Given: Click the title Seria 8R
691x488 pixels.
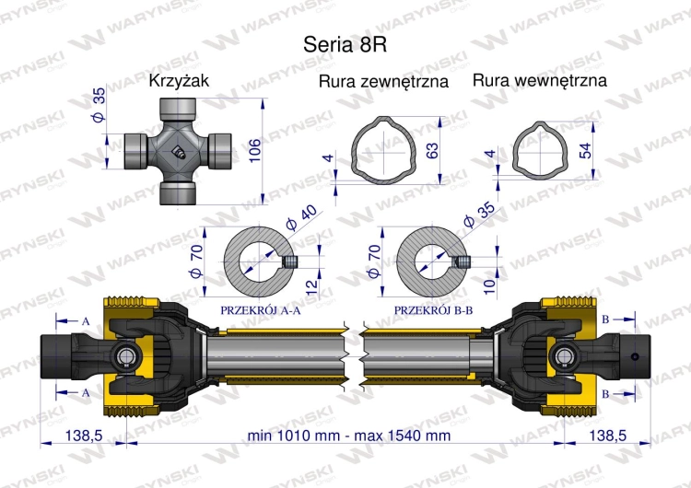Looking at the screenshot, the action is [345, 44].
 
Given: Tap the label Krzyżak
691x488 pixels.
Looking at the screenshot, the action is [179, 81].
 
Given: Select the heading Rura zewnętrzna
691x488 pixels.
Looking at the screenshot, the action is [383, 81].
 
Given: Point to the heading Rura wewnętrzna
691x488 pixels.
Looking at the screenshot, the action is [539, 80].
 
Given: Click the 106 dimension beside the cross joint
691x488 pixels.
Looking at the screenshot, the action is [254, 150].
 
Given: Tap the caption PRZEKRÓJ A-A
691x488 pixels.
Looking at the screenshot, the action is [261, 310].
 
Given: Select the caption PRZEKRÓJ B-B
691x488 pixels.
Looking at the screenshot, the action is [433, 310].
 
